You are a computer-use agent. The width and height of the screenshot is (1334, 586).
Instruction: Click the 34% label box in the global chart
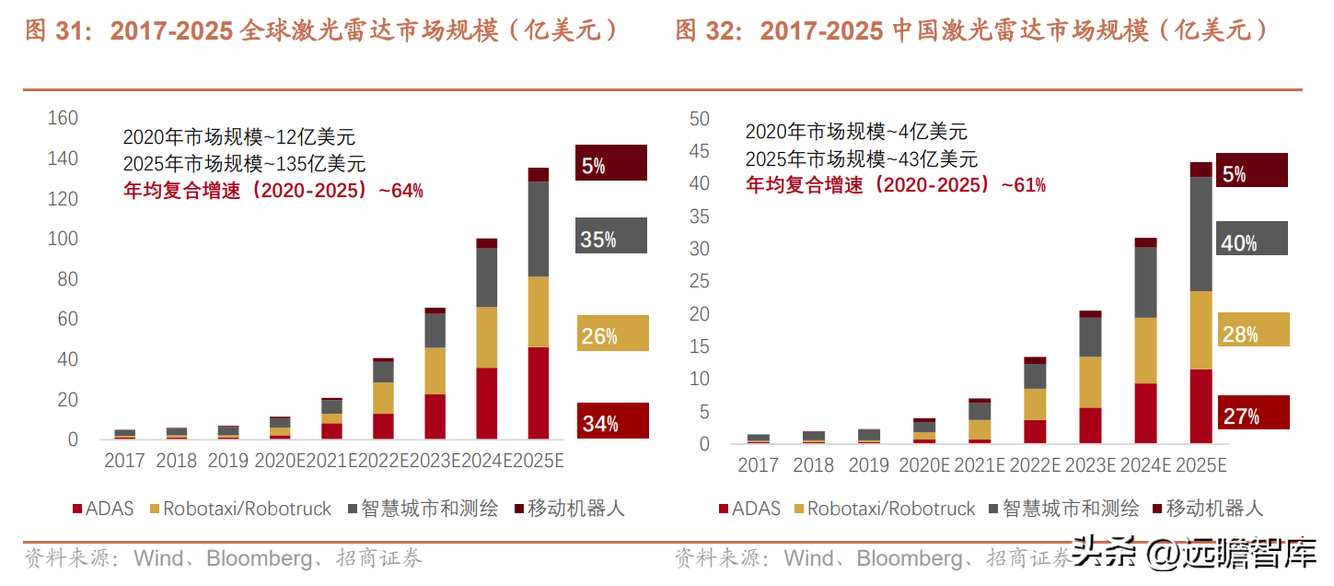tap(612, 421)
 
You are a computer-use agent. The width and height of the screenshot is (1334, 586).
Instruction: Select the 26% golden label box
tap(612, 334)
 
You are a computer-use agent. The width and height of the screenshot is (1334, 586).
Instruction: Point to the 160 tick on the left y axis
tap(63, 119)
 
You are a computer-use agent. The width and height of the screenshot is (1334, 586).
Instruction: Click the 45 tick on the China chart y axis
tap(700, 151)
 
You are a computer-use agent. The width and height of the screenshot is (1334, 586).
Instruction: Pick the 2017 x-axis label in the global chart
tap(124, 460)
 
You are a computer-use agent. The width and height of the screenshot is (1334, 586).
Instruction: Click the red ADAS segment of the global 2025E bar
tap(538, 393)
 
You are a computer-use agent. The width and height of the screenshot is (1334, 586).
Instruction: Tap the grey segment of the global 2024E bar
tap(486, 277)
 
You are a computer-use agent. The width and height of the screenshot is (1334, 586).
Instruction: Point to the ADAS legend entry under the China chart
tap(748, 508)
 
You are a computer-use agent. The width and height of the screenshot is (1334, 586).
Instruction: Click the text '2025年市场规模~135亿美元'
tap(244, 164)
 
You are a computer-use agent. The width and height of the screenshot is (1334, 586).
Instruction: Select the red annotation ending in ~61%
tap(895, 185)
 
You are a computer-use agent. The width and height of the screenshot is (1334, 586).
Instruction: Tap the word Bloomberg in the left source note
tap(259, 558)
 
